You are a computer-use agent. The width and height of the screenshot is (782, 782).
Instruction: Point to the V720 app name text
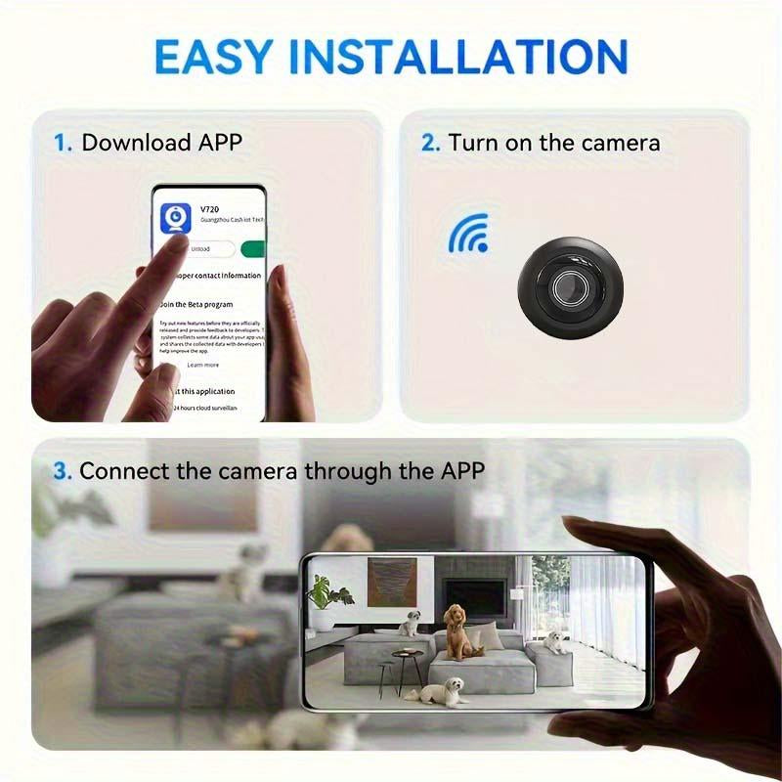pyautogui.click(x=210, y=208)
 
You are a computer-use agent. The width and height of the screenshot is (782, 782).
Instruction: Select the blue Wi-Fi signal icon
pyautogui.click(x=468, y=235)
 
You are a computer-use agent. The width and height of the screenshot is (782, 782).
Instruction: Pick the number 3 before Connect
pyautogui.click(x=63, y=471)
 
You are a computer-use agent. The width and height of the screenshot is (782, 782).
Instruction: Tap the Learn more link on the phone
pyautogui.click(x=202, y=365)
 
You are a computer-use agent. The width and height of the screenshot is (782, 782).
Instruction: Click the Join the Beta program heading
pyautogui.click(x=199, y=304)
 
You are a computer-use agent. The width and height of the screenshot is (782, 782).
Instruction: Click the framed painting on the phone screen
pyautogui.click(x=392, y=583)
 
